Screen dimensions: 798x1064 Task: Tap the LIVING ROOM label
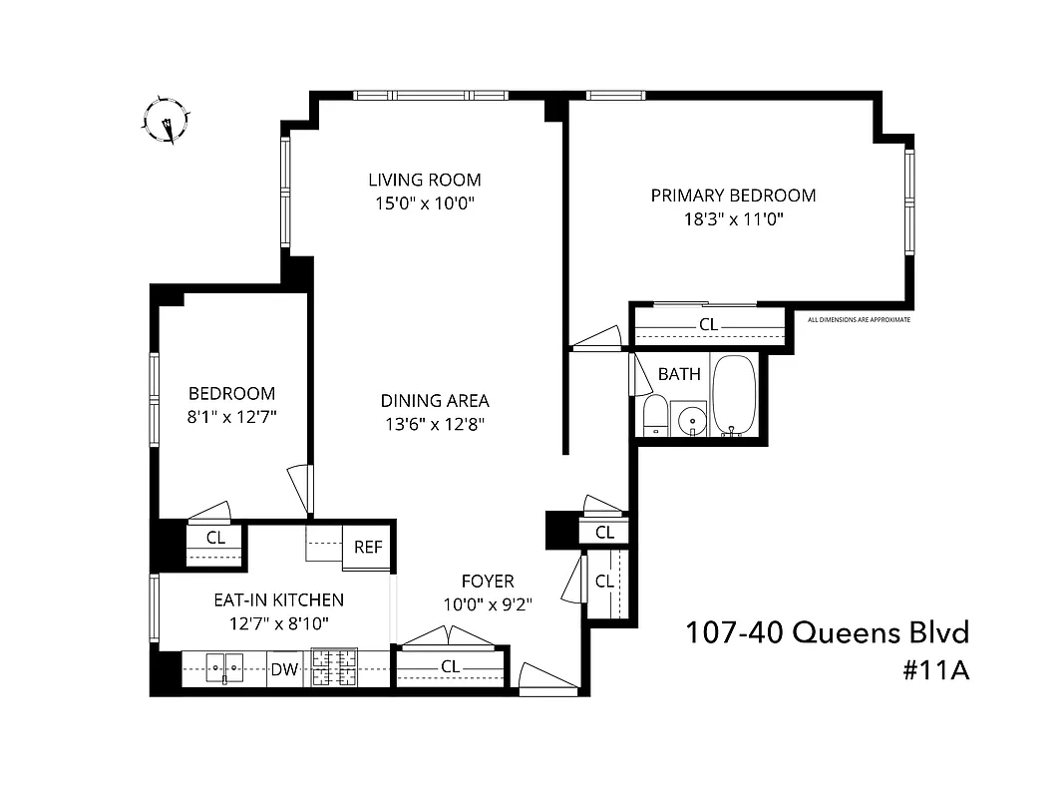click(425, 181)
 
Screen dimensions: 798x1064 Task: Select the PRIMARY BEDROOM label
click(733, 196)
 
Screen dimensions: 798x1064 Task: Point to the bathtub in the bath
click(735, 395)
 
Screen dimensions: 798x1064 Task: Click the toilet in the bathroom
click(655, 416)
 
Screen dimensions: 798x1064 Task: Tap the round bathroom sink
click(690, 421)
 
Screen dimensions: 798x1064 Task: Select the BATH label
click(679, 374)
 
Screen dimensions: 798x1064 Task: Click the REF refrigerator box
click(369, 547)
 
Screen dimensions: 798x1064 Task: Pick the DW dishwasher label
click(285, 669)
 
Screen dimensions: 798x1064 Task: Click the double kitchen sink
click(224, 666)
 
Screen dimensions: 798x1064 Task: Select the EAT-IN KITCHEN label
click(279, 599)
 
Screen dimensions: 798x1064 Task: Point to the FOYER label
click(488, 581)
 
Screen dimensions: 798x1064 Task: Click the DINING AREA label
click(435, 401)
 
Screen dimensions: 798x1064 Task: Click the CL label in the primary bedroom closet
click(708, 324)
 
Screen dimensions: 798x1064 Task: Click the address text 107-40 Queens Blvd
click(827, 632)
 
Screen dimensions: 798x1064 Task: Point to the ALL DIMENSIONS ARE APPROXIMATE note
click(859, 320)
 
